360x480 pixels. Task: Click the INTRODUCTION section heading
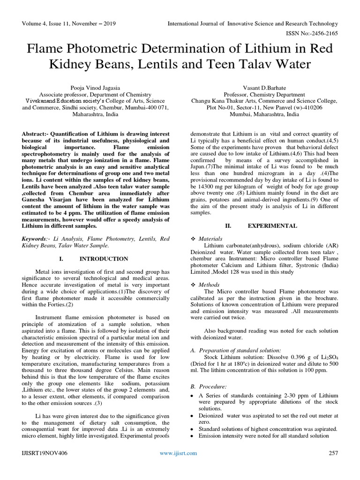104,259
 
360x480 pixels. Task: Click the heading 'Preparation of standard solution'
240,350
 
